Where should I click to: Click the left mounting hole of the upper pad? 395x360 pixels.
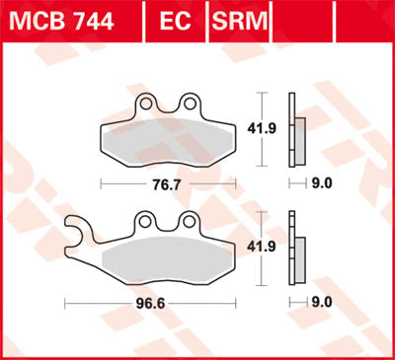146,102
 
